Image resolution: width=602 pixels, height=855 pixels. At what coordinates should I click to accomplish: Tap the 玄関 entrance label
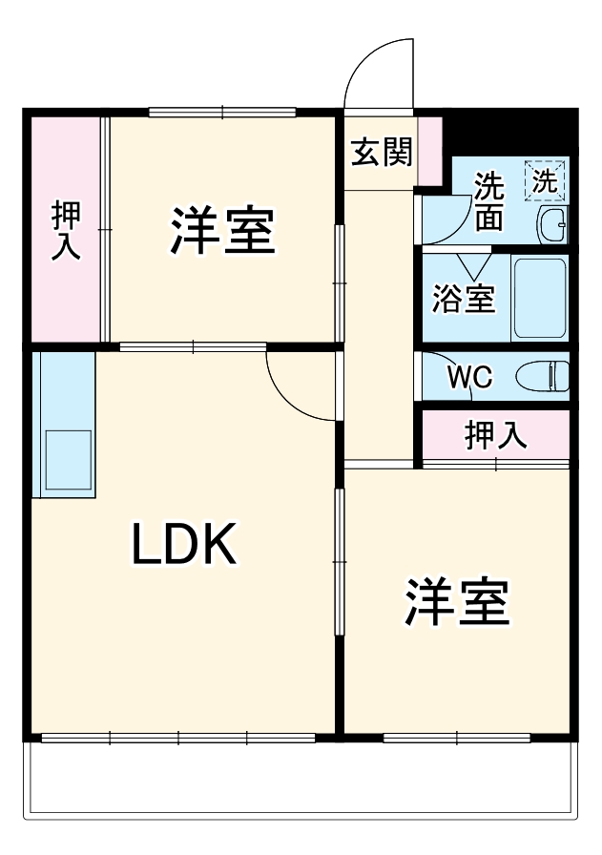tap(380, 152)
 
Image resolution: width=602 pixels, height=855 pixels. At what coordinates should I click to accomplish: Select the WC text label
tap(469, 377)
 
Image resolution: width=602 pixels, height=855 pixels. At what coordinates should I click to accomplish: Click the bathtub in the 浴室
tap(540, 298)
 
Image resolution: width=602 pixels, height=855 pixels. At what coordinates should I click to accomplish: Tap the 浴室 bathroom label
tap(463, 299)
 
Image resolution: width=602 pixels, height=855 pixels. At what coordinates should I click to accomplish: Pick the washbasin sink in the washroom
tap(551, 226)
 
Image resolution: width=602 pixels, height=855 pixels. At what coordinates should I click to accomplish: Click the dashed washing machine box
tap(545, 180)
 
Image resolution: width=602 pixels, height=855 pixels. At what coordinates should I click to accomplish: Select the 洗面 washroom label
tap(489, 201)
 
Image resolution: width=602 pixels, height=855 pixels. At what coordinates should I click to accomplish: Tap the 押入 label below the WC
tap(495, 435)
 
